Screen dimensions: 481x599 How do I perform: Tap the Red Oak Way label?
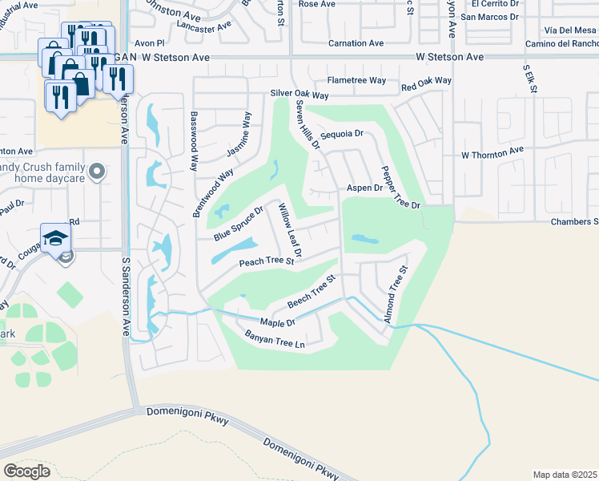click(426, 82)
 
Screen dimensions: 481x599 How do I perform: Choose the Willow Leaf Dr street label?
click(289, 230)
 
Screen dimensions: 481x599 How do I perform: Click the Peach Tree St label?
click(267, 262)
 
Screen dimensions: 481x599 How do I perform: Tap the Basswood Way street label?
click(195, 141)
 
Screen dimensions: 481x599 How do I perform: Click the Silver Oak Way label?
click(299, 94)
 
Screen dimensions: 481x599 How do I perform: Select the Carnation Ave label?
click(356, 44)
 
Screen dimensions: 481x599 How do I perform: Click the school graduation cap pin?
click(58, 238)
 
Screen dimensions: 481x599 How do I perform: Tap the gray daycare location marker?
click(97, 172)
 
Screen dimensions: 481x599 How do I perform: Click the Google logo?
click(26, 471)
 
